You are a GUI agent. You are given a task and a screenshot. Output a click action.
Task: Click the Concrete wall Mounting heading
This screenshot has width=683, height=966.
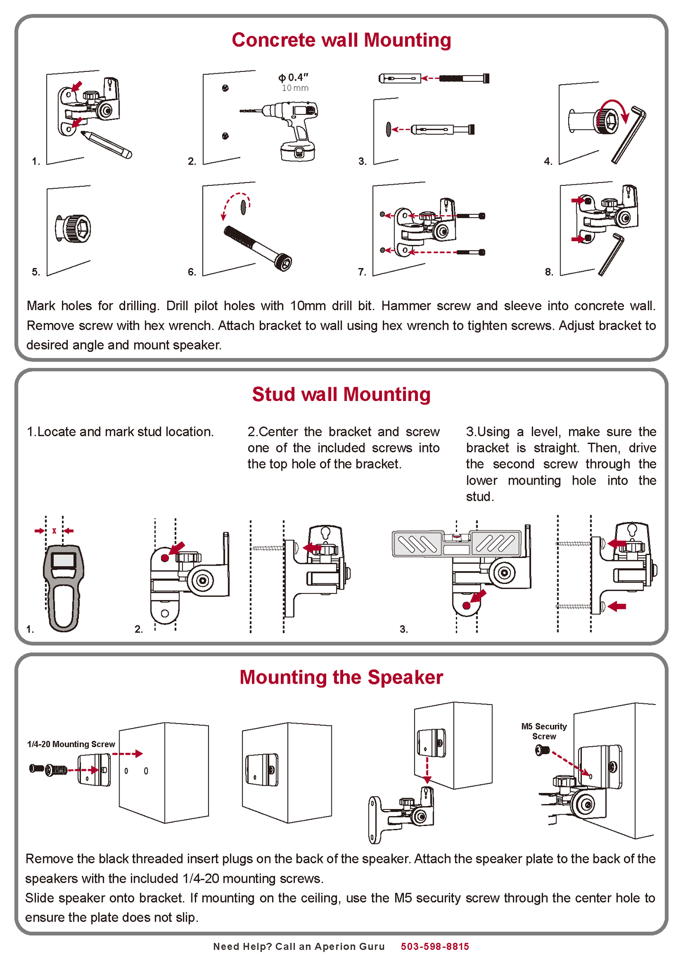tap(341, 40)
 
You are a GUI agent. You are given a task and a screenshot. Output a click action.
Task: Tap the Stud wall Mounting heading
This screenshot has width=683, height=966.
tap(341, 394)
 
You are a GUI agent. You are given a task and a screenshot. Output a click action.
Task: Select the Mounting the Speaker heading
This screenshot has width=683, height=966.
tap(341, 677)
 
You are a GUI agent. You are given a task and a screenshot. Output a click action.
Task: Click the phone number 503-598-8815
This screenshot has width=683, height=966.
tap(435, 946)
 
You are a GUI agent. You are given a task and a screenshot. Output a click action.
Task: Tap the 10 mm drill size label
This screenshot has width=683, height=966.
tap(295, 88)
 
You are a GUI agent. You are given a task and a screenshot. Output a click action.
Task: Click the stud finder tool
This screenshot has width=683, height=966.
tap(63, 586)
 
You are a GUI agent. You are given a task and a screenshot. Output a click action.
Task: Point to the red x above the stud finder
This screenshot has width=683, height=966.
tap(54, 531)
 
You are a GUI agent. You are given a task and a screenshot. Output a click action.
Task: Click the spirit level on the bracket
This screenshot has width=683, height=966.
tap(456, 543)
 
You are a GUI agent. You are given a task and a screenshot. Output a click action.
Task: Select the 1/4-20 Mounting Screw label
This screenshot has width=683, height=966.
tap(71, 744)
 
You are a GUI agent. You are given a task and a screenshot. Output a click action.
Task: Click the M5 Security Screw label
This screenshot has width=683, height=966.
tap(544, 731)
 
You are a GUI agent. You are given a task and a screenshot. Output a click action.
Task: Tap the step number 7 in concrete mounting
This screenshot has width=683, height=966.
tap(362, 272)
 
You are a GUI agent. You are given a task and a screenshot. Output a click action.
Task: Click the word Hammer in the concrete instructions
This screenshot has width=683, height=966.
tap(402, 306)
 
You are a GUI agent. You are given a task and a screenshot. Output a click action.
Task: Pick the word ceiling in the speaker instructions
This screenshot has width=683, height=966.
tap(320, 898)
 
